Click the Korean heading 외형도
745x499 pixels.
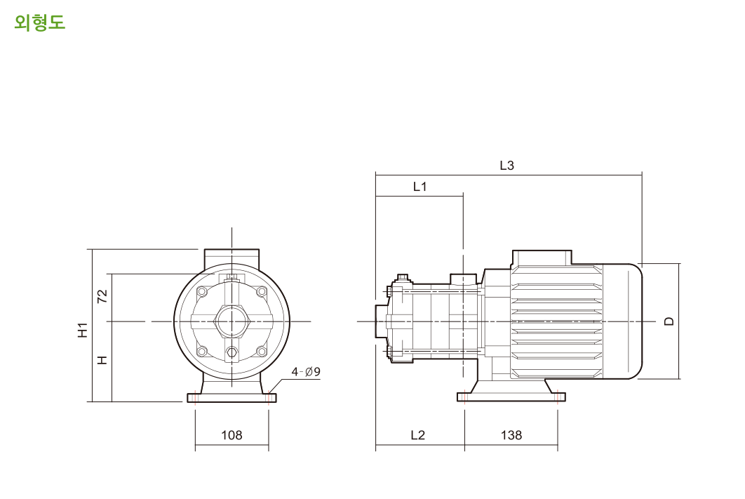click(39, 22)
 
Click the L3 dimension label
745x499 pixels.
click(507, 166)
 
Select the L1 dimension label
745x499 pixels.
click(420, 187)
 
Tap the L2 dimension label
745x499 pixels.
click(417, 435)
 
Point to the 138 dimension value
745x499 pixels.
click(511, 435)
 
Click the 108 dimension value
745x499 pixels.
click(231, 435)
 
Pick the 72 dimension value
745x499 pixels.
click(102, 297)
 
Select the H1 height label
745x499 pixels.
click(83, 330)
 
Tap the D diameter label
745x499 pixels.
click(669, 321)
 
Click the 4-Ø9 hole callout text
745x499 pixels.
click(306, 371)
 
